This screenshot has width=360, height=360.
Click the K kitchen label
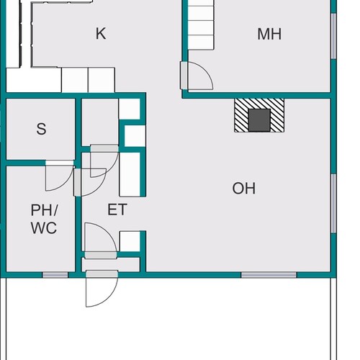tap(101, 34)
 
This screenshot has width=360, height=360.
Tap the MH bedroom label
tap(269, 34)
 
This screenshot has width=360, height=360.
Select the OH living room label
tap(244, 188)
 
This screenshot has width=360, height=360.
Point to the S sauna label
tap(41, 129)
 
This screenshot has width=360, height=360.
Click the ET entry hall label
tap(117, 210)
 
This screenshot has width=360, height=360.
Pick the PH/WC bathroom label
tap(44, 219)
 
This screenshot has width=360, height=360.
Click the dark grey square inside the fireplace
tap(259, 120)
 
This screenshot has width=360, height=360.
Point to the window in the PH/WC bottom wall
tap(55, 275)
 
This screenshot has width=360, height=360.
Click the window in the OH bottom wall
tap(269, 275)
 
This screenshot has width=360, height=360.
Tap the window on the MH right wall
tap(333, 36)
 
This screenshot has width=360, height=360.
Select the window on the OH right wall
tap(333, 203)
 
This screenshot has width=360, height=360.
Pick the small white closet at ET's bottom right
tap(130, 241)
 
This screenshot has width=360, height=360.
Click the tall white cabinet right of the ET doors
tap(130, 174)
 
